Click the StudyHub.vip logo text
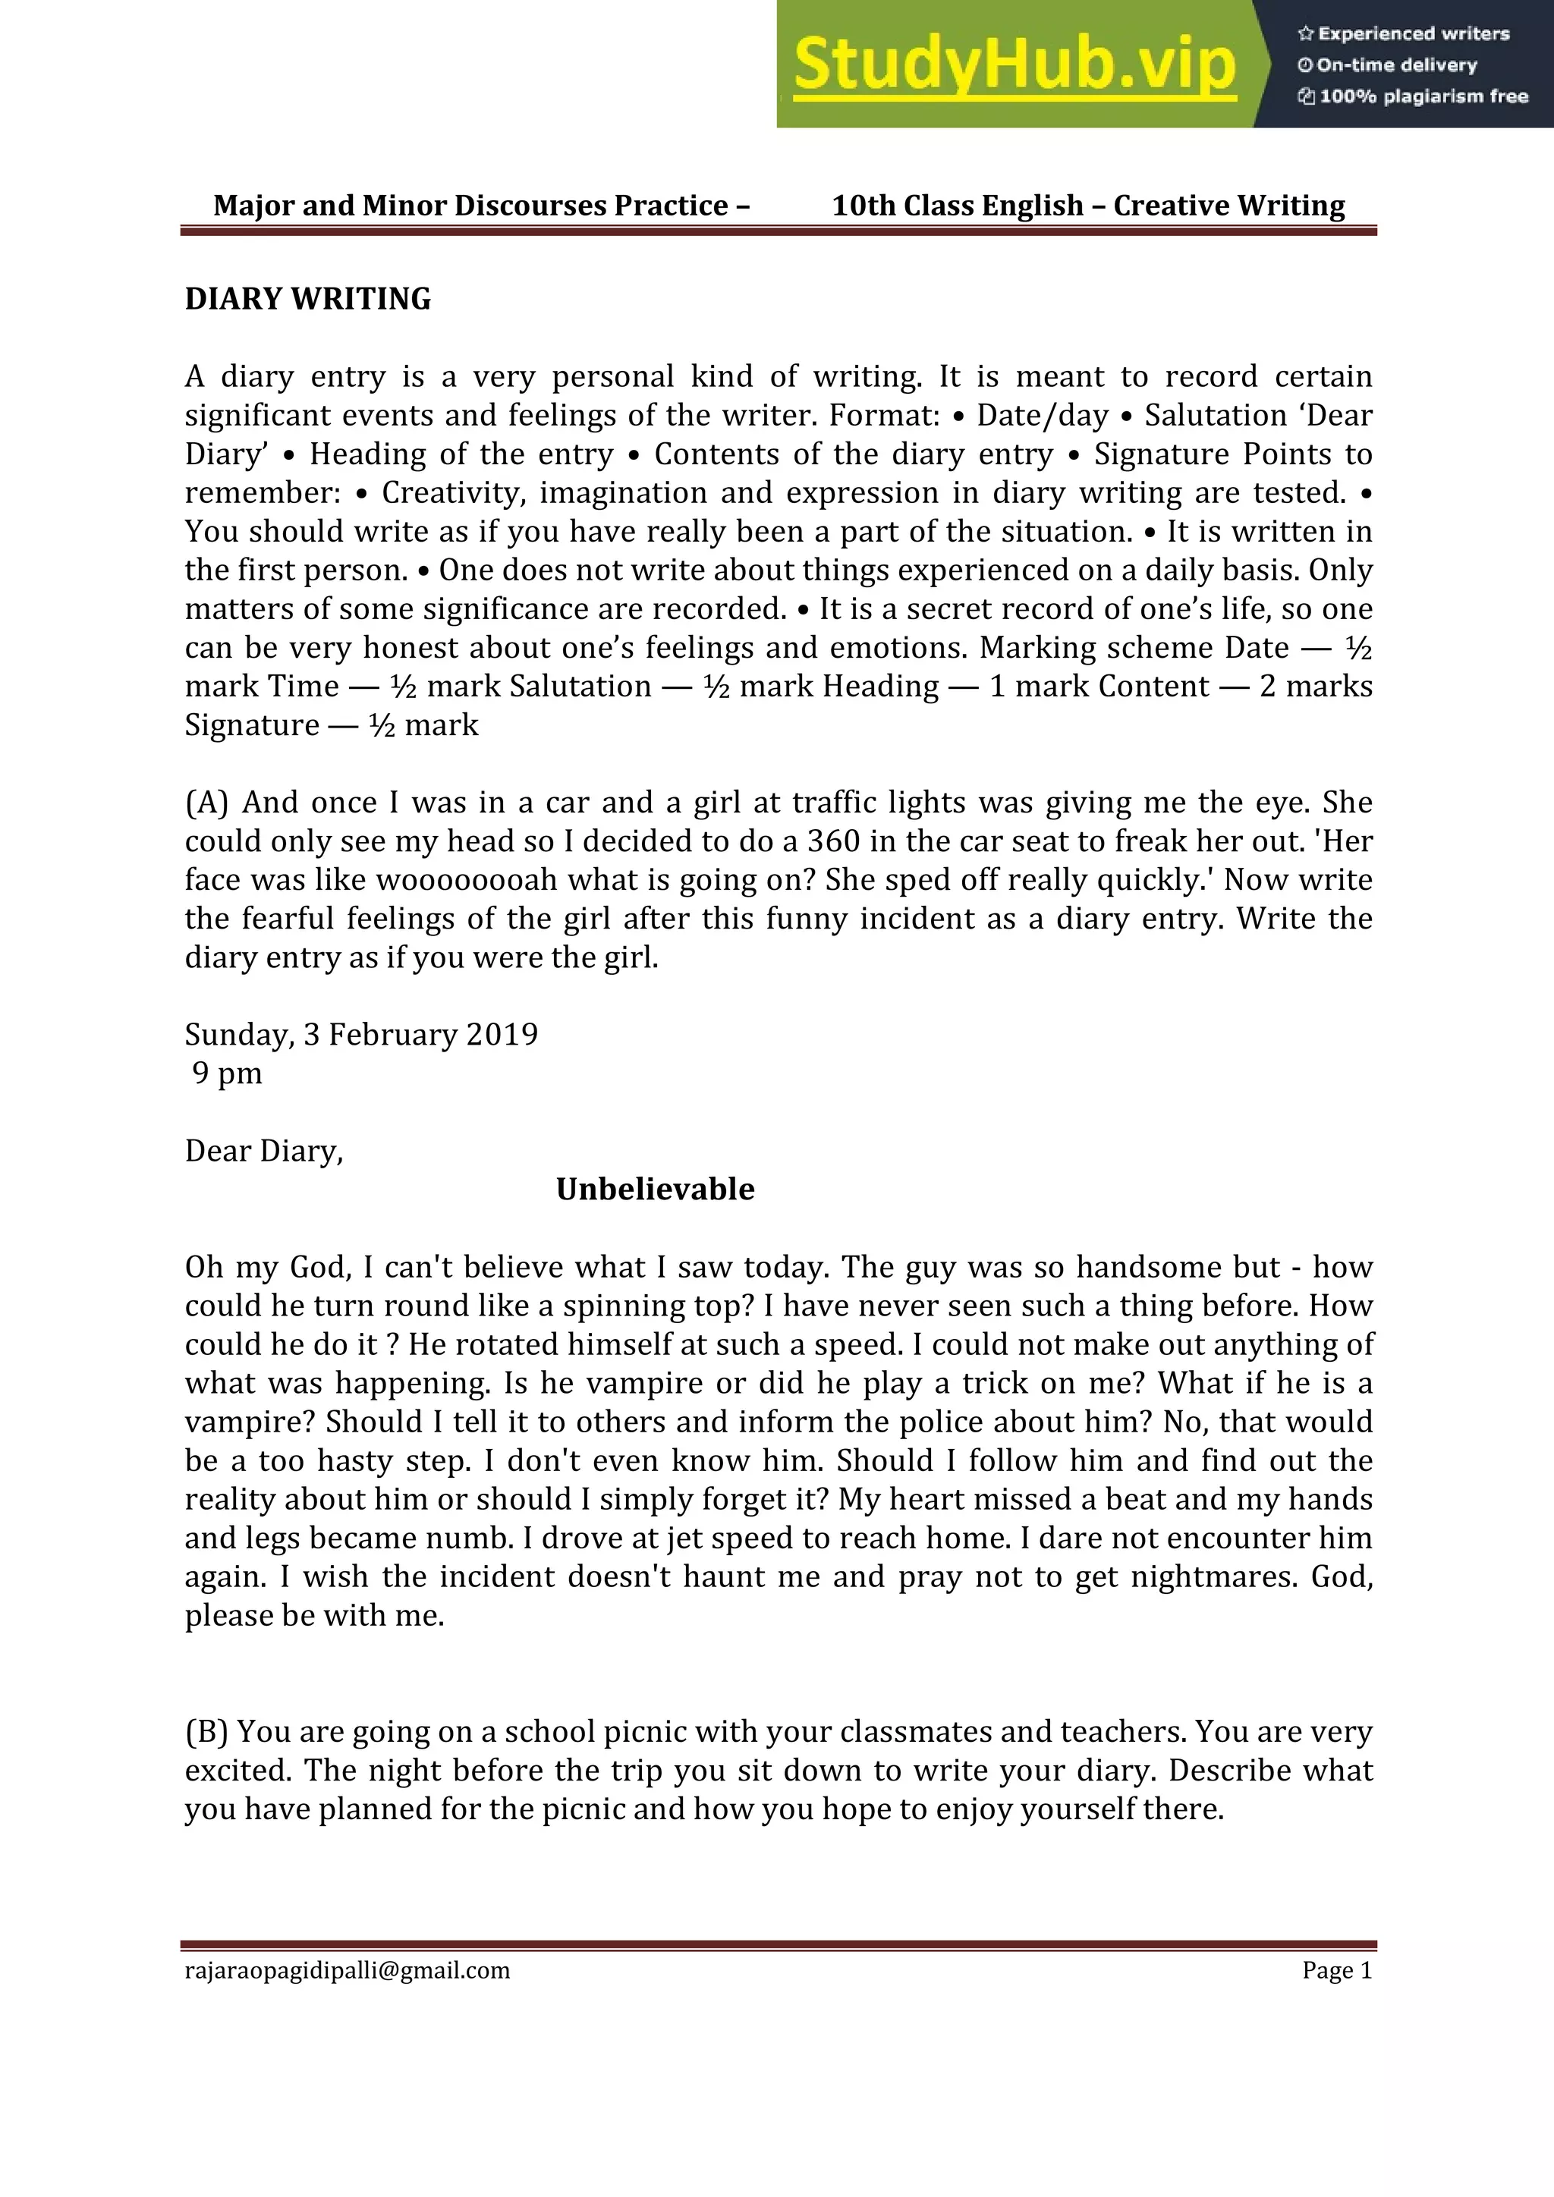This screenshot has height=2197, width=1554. coord(1015,65)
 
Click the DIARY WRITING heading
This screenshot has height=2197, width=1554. coord(307,299)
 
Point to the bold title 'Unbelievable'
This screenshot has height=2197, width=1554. coord(656,1189)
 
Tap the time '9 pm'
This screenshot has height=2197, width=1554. coord(227,1073)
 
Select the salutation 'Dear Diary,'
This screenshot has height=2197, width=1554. coord(264,1150)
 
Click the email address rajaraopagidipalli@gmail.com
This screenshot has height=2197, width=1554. coord(348,1970)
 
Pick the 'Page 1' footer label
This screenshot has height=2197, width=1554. coord(1337,1970)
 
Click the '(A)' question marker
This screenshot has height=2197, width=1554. coord(206,802)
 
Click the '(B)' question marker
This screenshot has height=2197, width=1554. coord(206,1731)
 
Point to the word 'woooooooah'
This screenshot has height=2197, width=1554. coord(467,879)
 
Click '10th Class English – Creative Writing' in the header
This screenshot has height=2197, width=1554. coord(1088,205)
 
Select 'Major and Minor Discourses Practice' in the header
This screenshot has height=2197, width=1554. coord(470,205)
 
